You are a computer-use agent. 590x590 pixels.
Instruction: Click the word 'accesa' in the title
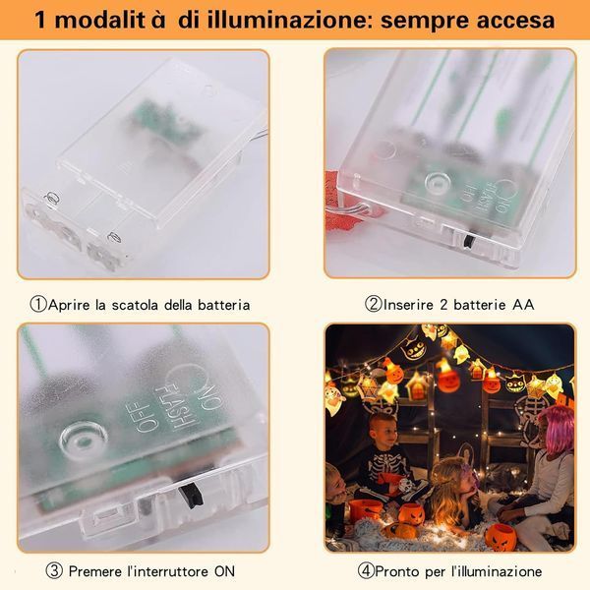click(x=515, y=21)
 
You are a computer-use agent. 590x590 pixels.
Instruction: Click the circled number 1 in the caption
click(x=38, y=305)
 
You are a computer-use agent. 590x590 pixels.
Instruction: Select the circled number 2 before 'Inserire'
click(x=374, y=304)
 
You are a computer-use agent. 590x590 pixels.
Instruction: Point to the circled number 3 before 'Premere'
click(x=54, y=571)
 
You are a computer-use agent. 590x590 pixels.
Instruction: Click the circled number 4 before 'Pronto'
click(x=366, y=571)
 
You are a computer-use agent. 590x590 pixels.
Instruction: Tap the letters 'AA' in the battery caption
click(x=523, y=305)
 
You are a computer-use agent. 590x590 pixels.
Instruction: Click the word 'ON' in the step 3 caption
click(x=224, y=571)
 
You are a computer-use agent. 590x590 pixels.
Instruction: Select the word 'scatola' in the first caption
click(x=135, y=305)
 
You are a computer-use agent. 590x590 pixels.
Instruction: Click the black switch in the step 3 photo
click(x=191, y=497)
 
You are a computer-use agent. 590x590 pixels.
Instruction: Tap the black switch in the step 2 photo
click(x=469, y=242)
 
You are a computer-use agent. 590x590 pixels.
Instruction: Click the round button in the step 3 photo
click(x=84, y=439)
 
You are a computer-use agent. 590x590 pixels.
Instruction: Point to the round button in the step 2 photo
click(x=438, y=182)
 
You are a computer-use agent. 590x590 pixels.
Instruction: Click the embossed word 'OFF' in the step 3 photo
click(x=143, y=416)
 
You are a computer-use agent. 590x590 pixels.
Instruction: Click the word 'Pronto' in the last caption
click(x=397, y=571)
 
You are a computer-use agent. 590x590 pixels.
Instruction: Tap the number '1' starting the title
click(x=40, y=21)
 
